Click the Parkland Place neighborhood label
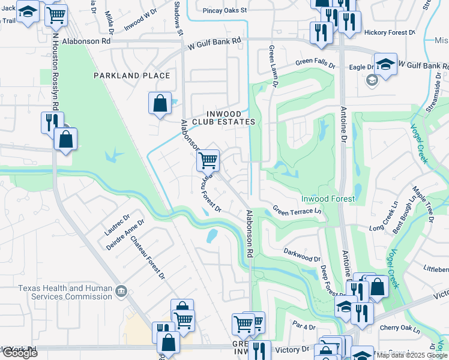coord(131,76)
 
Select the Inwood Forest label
coord(327,199)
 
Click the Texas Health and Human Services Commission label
coord(64,292)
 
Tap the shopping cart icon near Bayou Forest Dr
coord(208,160)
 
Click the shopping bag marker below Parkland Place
coord(160,103)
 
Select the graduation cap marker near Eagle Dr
coord(385,65)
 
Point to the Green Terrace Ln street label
coord(297,211)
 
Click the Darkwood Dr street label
coord(302,254)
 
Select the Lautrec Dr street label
coord(118,225)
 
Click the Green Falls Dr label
coord(317,62)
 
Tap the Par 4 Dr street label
coord(304,326)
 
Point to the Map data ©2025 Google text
coord(412,355)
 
